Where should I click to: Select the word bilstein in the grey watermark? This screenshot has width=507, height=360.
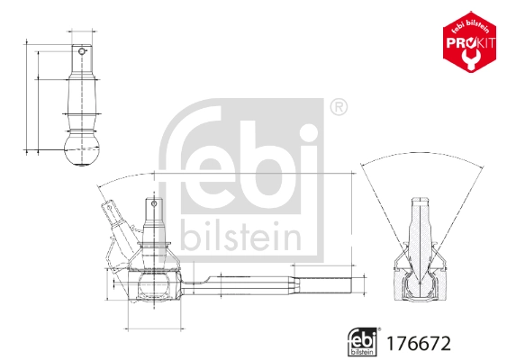(240, 237)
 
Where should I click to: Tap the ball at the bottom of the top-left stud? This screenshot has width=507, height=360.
(82, 150)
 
